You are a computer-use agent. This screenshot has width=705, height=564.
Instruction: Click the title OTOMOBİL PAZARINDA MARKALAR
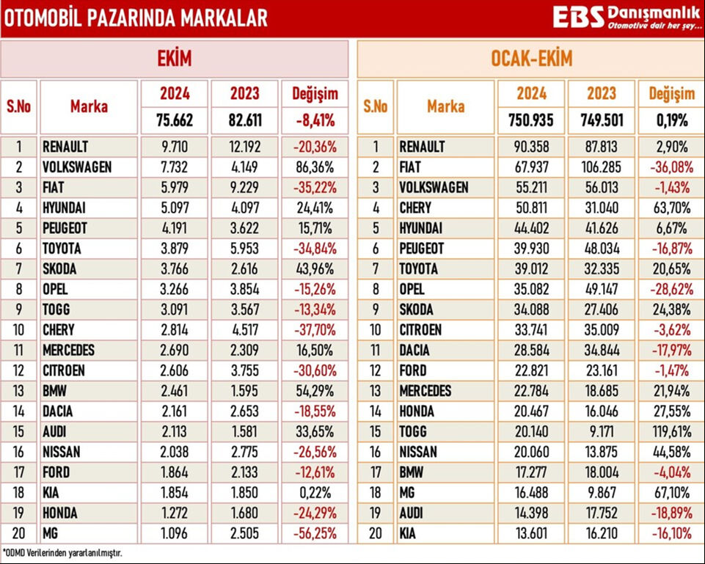tap(136, 18)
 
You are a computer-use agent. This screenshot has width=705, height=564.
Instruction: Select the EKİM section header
tap(175, 59)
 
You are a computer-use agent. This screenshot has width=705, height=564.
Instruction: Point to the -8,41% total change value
tap(315, 120)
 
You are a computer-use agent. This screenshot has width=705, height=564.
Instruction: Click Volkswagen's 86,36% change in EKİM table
tap(315, 167)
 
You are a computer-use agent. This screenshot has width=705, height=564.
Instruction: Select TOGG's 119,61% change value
tap(671, 432)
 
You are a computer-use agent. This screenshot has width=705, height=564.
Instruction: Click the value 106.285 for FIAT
tap(601, 167)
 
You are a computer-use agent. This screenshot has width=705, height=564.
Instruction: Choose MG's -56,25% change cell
tap(315, 533)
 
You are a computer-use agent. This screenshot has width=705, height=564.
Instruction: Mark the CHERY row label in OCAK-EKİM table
tap(415, 208)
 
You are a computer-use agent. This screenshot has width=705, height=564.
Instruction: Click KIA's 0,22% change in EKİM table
tap(315, 493)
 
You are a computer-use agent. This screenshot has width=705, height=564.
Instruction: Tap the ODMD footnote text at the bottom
tap(62, 552)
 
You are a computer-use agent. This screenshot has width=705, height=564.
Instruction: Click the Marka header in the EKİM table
tap(89, 106)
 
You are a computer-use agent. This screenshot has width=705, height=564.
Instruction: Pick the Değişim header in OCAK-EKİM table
tap(671, 94)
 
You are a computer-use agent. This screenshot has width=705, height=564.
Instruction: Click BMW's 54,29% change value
tap(315, 391)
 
